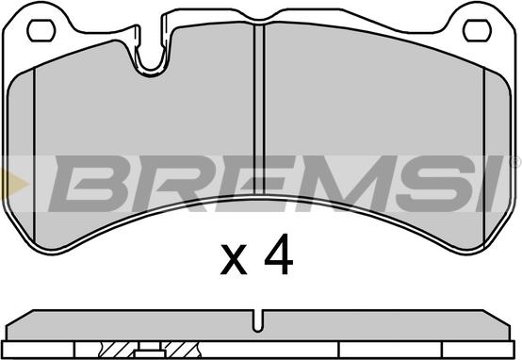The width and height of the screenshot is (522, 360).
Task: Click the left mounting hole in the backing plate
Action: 41,31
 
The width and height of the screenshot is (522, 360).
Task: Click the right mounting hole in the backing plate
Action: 477,31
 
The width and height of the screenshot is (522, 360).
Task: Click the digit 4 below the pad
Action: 279,254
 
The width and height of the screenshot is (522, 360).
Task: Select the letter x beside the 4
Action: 234,259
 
